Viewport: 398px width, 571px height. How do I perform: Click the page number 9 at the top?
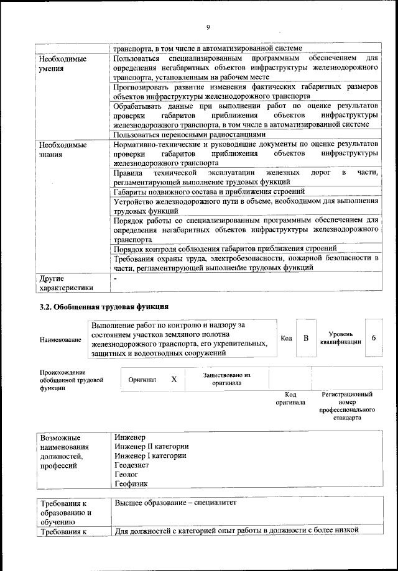[208, 26]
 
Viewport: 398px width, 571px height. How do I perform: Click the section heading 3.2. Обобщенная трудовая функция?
[103, 307]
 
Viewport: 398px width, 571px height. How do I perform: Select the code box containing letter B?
[306, 338]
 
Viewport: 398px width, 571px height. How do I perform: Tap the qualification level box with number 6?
[373, 337]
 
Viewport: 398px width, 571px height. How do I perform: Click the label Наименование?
[60, 340]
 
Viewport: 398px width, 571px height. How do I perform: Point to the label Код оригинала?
[290, 398]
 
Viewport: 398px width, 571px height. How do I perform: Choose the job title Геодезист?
[133, 464]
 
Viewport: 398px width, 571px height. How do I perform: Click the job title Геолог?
[127, 473]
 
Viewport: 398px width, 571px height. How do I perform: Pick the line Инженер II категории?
[152, 446]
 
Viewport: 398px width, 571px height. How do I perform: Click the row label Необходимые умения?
[63, 64]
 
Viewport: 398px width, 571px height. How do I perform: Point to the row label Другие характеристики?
[65, 283]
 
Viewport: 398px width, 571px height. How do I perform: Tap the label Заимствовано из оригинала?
[226, 379]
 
